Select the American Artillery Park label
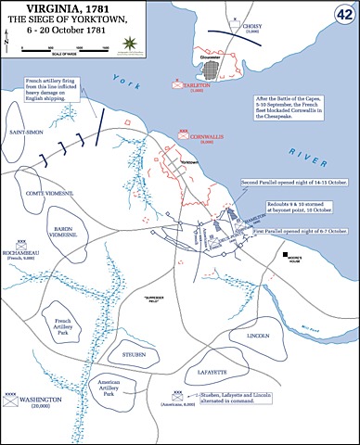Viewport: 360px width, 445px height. [102, 388]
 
